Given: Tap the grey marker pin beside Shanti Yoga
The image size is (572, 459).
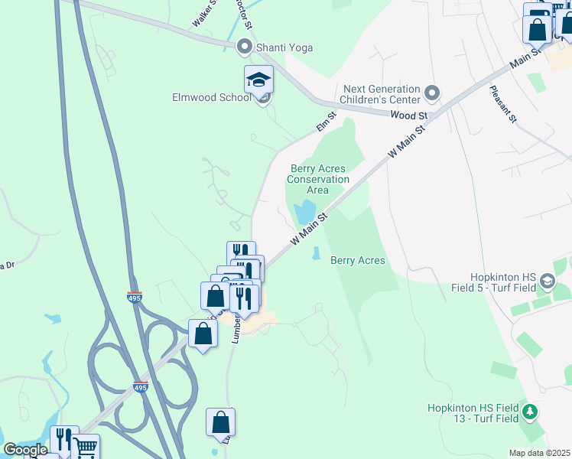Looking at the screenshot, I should [245, 47].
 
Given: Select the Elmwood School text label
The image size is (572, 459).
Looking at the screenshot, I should [211, 97].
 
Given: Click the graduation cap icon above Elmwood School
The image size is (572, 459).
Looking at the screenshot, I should [259, 79].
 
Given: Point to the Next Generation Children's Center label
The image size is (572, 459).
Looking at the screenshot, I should [382, 94].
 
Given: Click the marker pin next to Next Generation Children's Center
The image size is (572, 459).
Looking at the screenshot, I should [432, 93].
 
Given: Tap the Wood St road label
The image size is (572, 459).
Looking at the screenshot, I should [408, 116].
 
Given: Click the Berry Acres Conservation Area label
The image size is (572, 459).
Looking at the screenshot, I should [317, 179].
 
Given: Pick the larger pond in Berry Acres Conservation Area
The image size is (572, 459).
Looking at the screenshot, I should [304, 210].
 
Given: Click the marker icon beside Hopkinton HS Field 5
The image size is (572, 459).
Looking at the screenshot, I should [548, 281].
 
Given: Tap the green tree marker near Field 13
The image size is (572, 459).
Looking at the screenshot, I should [529, 413].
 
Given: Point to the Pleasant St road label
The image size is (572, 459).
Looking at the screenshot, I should [504, 104].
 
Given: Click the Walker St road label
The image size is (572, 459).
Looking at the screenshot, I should [205, 13].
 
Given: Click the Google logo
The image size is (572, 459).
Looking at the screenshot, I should [25, 450].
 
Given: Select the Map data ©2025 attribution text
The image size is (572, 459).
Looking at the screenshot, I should [539, 453].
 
